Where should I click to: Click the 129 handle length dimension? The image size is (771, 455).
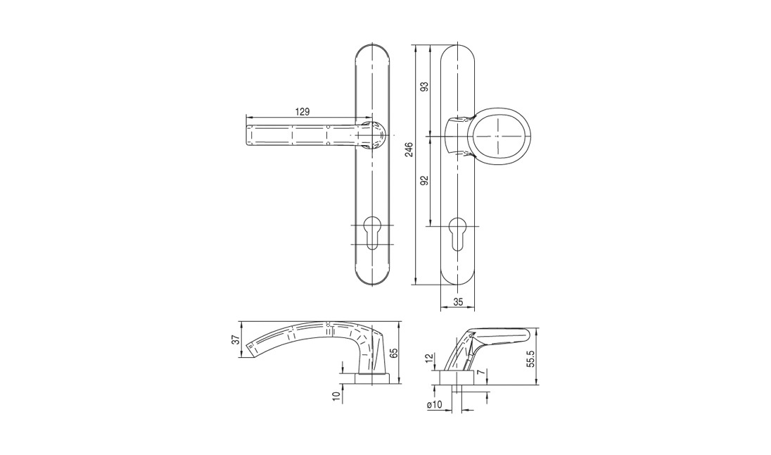tap(302, 112)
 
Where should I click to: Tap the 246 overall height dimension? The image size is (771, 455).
tap(409, 149)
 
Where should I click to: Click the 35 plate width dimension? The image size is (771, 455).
tap(458, 302)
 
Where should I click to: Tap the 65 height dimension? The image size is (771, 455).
tap(393, 353)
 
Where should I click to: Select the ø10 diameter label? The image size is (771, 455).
tap(435, 404)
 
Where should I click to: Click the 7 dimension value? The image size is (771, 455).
tap(483, 373)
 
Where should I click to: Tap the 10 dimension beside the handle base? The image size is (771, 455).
tap(336, 397)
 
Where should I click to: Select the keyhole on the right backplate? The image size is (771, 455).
tap(457, 233)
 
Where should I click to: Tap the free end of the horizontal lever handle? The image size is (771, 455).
tap(246, 135)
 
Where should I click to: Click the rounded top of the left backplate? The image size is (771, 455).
tap(372, 50)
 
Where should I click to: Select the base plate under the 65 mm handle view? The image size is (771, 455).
tap(372, 378)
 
